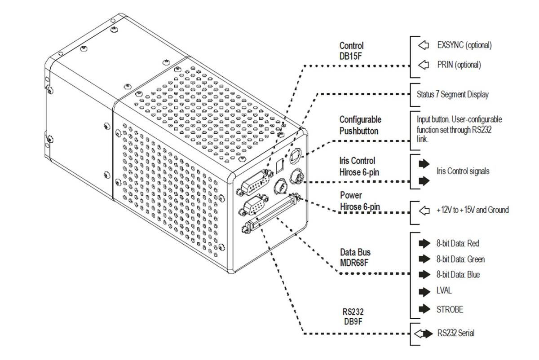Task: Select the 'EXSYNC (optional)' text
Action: [x=464, y=45]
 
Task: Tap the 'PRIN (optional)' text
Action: [x=459, y=65]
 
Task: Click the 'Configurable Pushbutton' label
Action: [x=360, y=125]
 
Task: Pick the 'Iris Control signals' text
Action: [x=463, y=171]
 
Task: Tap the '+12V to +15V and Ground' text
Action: [x=473, y=210]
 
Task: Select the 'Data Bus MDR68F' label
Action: [x=355, y=257]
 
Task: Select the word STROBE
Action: [x=450, y=309]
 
